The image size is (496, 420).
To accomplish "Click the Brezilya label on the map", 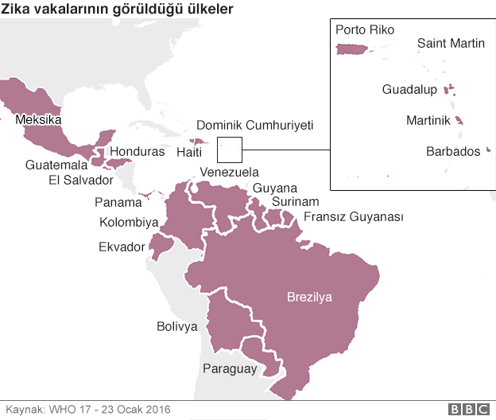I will tap(309, 297).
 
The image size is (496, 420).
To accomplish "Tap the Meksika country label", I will tap(38, 120).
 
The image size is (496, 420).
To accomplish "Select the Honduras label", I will tap(138, 151).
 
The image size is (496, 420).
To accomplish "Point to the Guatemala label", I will tap(56, 165).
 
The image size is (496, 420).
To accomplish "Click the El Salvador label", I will tap(81, 180).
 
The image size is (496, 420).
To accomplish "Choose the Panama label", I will tap(118, 202).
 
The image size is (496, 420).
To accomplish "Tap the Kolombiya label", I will tap(129, 223).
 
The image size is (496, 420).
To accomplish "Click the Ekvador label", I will tap(122, 247).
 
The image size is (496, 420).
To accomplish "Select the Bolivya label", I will tap(176, 326).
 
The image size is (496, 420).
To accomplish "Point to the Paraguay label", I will tap(230, 368).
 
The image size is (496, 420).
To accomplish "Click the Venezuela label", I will tap(229, 172).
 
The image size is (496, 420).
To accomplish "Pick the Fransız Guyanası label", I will tap(354, 217).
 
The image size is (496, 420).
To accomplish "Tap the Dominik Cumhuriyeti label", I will tap(254, 126).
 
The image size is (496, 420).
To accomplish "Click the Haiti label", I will tap(189, 152).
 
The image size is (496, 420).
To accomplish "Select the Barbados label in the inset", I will tap(453, 150).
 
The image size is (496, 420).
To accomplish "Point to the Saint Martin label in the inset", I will tap(451, 44).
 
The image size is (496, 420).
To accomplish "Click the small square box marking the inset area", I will tap(229, 149).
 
